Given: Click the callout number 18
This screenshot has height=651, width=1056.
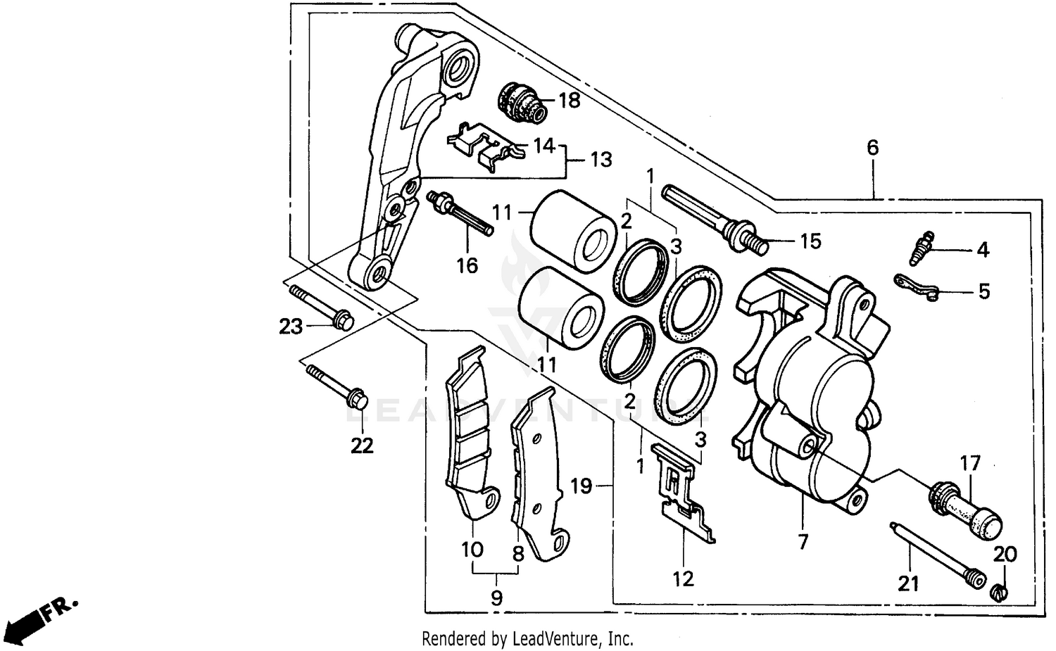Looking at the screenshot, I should (x=569, y=101).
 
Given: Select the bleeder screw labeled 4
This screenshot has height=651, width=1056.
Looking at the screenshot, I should (x=920, y=248).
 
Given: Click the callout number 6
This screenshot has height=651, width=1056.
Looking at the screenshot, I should (x=872, y=148).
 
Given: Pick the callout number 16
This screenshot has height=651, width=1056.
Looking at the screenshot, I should (x=467, y=265).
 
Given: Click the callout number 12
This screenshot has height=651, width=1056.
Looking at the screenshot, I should (x=683, y=579).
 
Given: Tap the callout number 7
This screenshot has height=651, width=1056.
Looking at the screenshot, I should (x=803, y=541).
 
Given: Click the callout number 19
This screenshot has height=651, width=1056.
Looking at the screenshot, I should (x=581, y=486).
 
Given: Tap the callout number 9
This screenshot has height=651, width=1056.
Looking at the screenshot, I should (x=496, y=598).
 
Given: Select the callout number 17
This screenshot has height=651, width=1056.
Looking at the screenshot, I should (x=969, y=464).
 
